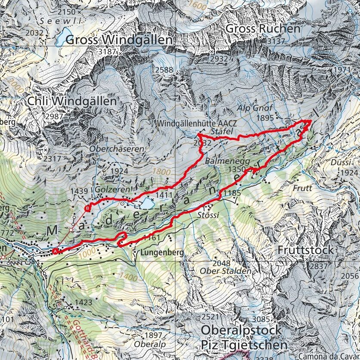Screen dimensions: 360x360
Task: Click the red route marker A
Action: pos(55,251)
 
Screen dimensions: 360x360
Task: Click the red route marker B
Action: pos(88,209)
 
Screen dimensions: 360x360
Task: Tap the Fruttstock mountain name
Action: pos(306,250)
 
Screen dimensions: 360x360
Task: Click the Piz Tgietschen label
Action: pos(244,345)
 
